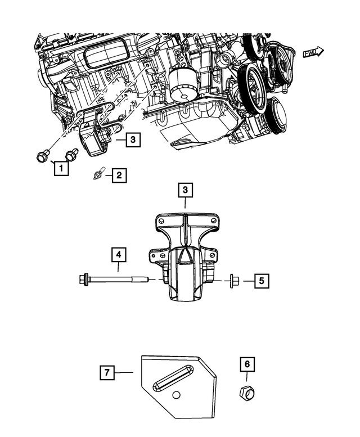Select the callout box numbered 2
point(118,176)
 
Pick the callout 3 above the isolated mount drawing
point(185,191)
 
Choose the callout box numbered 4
point(118,255)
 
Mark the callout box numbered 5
point(260,280)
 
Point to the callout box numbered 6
point(246,364)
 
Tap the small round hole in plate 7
point(177,395)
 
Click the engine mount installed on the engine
point(96,138)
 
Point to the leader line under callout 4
point(118,267)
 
